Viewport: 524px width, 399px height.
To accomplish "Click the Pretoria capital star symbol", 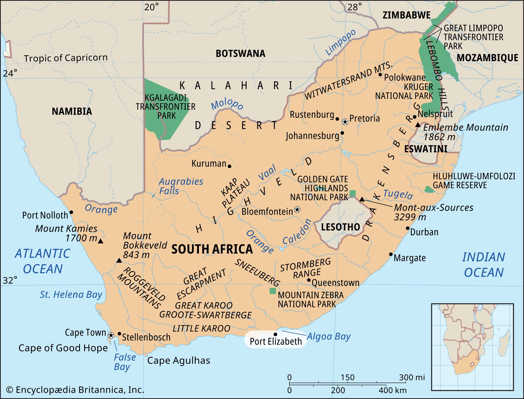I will coord(345,121).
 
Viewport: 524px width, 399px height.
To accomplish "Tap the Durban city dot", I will coord(408,228).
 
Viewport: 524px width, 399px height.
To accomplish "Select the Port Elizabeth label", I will coord(276,341).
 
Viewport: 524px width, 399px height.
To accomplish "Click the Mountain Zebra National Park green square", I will coord(272,291).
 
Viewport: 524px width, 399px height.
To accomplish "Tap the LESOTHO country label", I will coord(340,227).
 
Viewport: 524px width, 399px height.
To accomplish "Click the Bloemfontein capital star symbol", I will coord(297,210).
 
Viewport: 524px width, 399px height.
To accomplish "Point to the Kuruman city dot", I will coord(230,166).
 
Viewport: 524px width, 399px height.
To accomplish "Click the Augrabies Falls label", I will coord(181,186).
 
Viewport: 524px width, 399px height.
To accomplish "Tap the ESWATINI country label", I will coord(426,149).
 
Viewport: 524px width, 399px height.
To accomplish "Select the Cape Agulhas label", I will coord(178,361).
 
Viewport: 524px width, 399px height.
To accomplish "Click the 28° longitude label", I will coord(354,7).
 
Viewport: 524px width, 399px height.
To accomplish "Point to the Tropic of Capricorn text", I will coord(65,58).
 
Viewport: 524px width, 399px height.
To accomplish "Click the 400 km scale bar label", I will coord(392,390).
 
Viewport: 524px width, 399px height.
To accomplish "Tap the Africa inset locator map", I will coord(472,347).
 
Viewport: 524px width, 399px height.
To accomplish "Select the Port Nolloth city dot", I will coord(71,212).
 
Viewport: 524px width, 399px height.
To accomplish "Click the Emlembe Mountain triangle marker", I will coord(418,125).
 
